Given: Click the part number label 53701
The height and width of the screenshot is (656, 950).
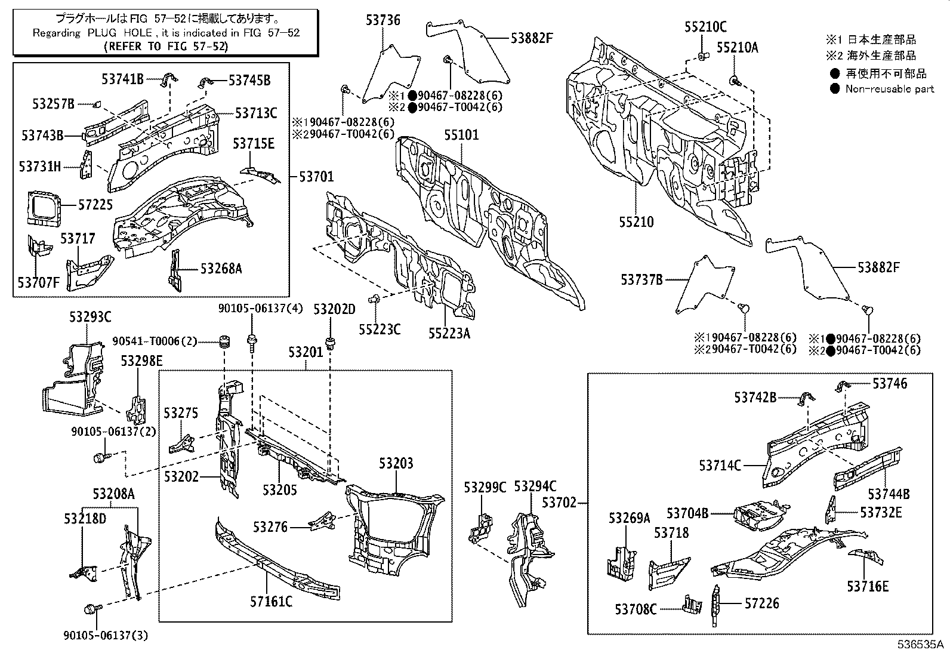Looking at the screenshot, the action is [x=316, y=177].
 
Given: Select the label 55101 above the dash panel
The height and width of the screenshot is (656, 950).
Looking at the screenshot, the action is [x=461, y=135].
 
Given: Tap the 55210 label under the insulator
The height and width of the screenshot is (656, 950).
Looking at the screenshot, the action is [x=636, y=222].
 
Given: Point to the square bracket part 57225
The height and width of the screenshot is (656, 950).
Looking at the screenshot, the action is [x=44, y=208].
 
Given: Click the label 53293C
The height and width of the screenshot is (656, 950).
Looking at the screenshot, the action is [x=90, y=317].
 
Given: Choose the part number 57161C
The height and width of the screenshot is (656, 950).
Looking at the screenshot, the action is [x=271, y=601].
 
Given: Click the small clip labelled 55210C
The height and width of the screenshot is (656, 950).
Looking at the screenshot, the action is [x=702, y=56].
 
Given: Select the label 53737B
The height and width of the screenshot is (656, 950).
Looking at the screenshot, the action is [x=641, y=280].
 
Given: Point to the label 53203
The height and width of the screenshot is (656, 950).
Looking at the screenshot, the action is [x=396, y=463].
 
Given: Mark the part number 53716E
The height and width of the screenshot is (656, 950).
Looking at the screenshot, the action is [x=868, y=586].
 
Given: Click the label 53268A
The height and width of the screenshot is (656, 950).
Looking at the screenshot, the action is [x=221, y=269].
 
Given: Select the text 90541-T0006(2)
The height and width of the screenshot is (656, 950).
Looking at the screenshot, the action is [x=155, y=341].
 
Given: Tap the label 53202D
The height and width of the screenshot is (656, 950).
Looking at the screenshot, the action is [x=334, y=309].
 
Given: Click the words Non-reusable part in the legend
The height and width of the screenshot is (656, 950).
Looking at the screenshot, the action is [x=889, y=89].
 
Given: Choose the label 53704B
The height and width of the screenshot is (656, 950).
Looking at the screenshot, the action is [x=687, y=513].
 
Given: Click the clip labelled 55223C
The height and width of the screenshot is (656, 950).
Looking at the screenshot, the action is [x=375, y=299].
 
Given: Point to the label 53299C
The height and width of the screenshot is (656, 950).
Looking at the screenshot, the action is [x=485, y=488].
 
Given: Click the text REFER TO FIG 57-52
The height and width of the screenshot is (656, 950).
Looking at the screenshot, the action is [x=166, y=46].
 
